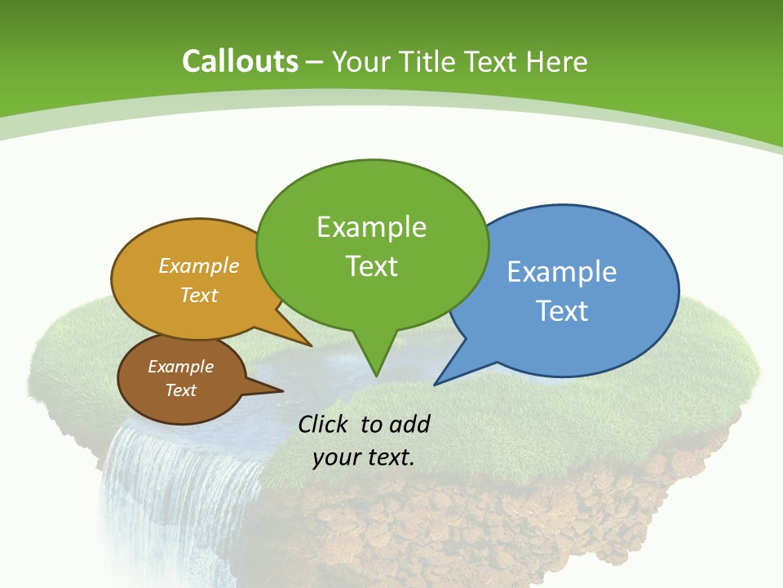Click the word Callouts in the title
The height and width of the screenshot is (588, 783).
241,61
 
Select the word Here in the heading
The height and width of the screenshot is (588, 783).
556,61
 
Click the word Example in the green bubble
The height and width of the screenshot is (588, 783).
371,227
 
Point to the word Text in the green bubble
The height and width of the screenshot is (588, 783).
371,266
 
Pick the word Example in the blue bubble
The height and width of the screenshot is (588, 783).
562,272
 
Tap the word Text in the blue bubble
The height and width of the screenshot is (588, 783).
562,311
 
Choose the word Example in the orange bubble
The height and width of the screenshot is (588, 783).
199,265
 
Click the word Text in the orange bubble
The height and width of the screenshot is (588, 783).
199,295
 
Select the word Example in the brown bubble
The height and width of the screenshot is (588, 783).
180,367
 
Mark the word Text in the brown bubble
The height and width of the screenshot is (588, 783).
180,390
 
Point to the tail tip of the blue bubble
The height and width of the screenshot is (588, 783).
435,384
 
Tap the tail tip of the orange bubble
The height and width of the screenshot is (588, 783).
311,345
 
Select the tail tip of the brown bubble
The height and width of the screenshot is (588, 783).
282,390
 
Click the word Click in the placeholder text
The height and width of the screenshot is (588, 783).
325,424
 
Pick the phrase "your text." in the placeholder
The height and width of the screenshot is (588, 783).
364,457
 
